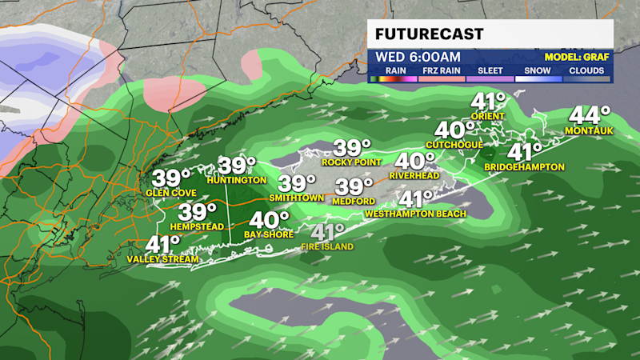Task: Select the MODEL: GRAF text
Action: tap(577, 57)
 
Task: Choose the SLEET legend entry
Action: tap(490, 70)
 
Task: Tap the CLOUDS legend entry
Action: tap(586, 70)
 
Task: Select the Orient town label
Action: tap(488, 117)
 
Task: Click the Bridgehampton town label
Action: tap(525, 166)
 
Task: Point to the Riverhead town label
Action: tap(415, 175)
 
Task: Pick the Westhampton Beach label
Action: tap(410, 214)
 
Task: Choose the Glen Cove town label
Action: tap(167, 193)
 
